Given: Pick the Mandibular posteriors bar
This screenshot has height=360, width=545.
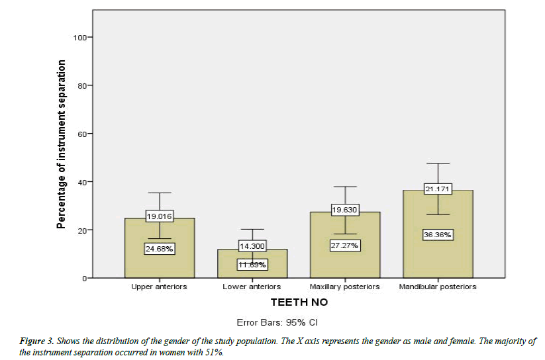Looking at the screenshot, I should coord(438,251).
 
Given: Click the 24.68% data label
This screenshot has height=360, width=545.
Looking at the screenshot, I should coord(160,249).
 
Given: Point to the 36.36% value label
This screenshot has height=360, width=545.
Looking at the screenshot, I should coord(438,234).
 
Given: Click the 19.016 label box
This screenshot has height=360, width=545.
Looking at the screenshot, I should coord(160,216).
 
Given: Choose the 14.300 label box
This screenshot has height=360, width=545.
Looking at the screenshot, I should coord(252,246).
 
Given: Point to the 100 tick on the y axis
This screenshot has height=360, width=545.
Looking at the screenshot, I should coord(80,37).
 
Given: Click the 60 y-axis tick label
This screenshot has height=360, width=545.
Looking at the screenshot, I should coord(82,134).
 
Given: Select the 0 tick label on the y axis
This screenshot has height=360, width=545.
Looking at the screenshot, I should coord(84,279).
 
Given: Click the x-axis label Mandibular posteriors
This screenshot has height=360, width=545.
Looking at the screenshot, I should coord(438,287).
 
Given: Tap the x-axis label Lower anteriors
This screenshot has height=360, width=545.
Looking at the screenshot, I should coord(252,287).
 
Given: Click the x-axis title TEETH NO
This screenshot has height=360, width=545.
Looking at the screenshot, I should coord(298,302).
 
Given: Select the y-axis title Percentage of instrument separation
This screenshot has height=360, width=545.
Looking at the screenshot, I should coord(61,144).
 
